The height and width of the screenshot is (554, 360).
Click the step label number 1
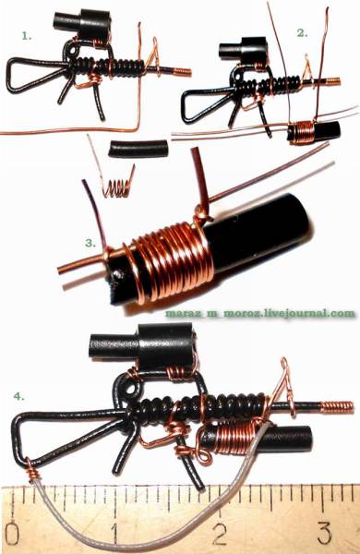27,36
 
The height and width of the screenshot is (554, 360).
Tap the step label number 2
303,33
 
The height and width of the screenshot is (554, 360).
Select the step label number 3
90,243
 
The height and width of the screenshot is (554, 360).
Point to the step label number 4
19,396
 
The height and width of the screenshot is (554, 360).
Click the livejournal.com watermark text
259,313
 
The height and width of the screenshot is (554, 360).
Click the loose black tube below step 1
138,149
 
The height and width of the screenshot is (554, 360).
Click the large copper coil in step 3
170,261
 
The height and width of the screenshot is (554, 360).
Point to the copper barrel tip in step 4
337,406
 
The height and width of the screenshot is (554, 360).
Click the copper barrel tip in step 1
182,72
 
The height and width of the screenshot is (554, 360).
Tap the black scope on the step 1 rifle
82,24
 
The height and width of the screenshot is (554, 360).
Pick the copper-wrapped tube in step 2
314,132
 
